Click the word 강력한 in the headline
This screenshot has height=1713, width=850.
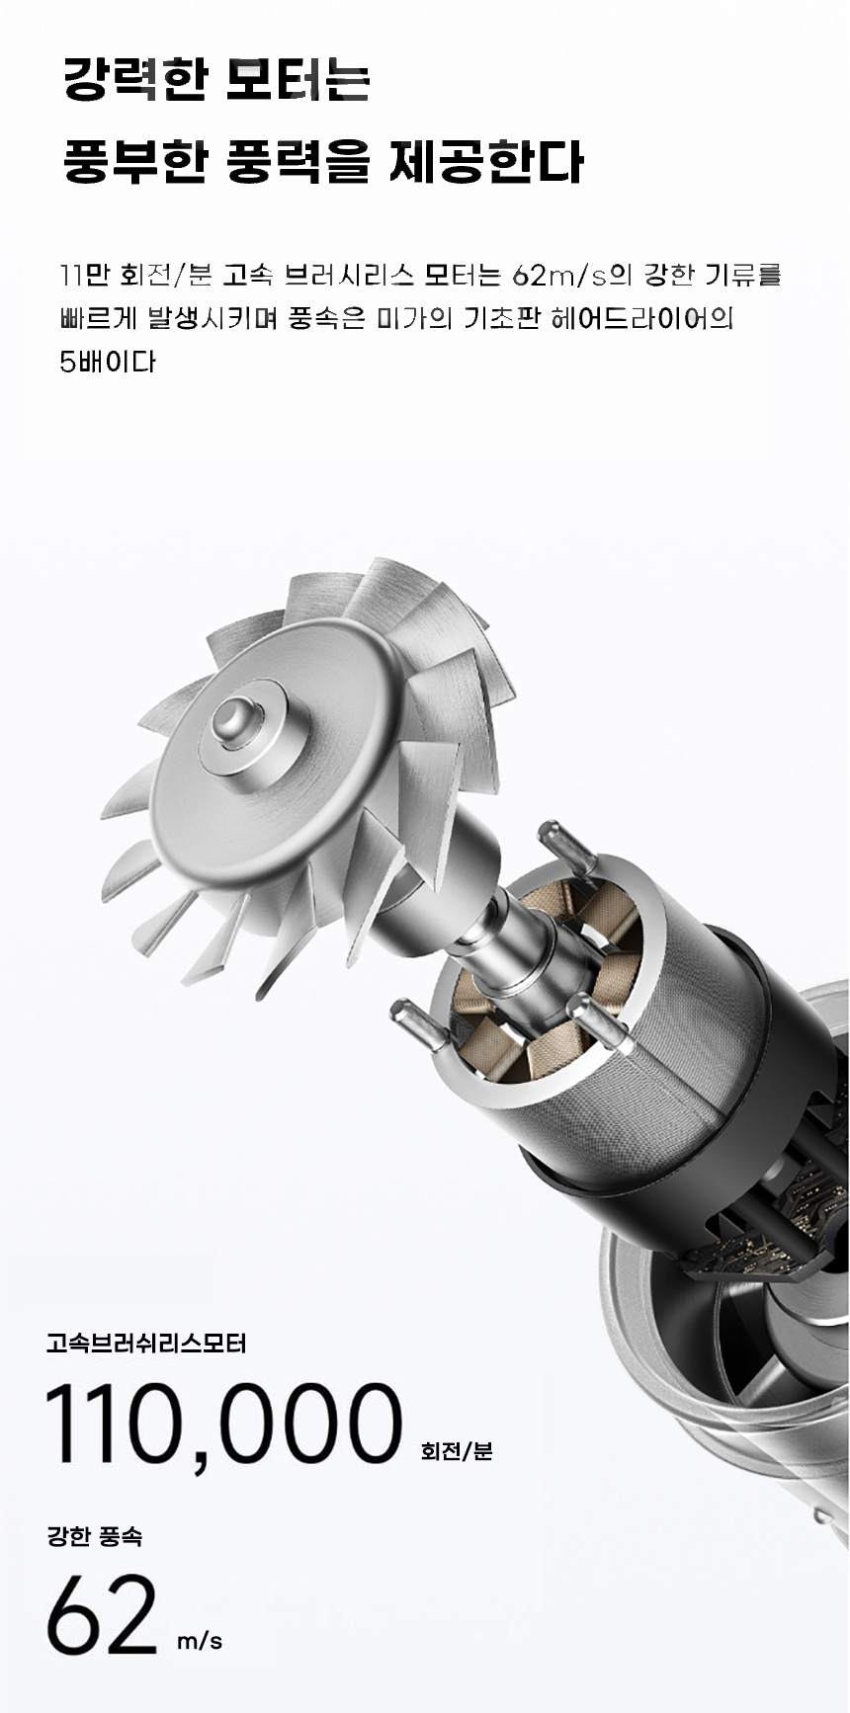[134, 80]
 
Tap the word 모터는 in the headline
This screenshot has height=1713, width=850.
[297, 80]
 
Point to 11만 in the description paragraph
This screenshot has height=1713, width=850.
[84, 275]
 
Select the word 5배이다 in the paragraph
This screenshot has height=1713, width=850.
[108, 362]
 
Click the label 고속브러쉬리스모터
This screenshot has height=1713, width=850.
[146, 1344]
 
